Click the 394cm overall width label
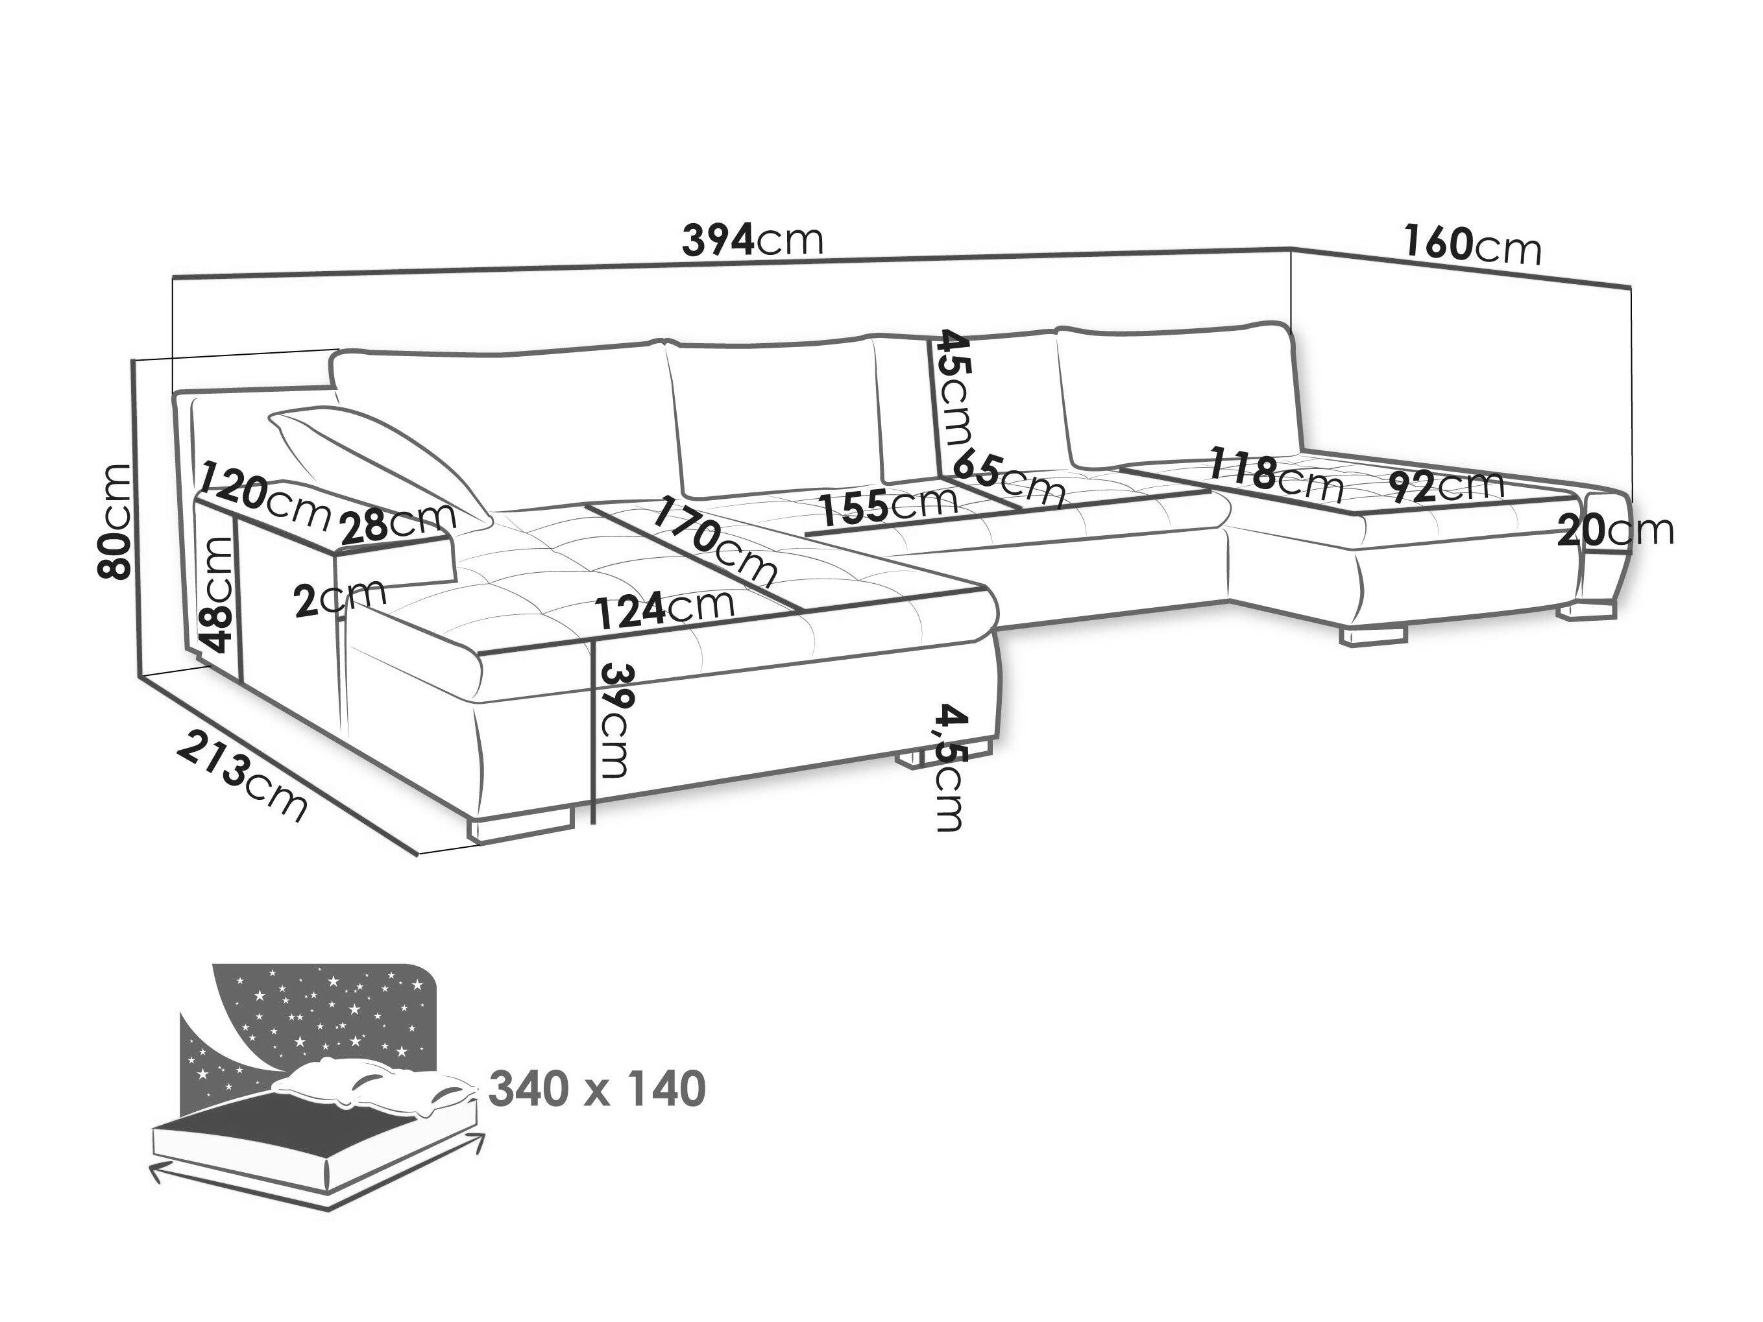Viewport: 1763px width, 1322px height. point(751,239)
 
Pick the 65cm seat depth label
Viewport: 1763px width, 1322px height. point(1010,477)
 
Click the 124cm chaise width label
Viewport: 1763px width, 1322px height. point(664,610)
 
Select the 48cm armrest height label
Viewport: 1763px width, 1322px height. point(219,594)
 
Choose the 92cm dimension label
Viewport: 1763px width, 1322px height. point(1445,485)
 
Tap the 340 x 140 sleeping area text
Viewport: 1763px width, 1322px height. point(596,1088)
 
